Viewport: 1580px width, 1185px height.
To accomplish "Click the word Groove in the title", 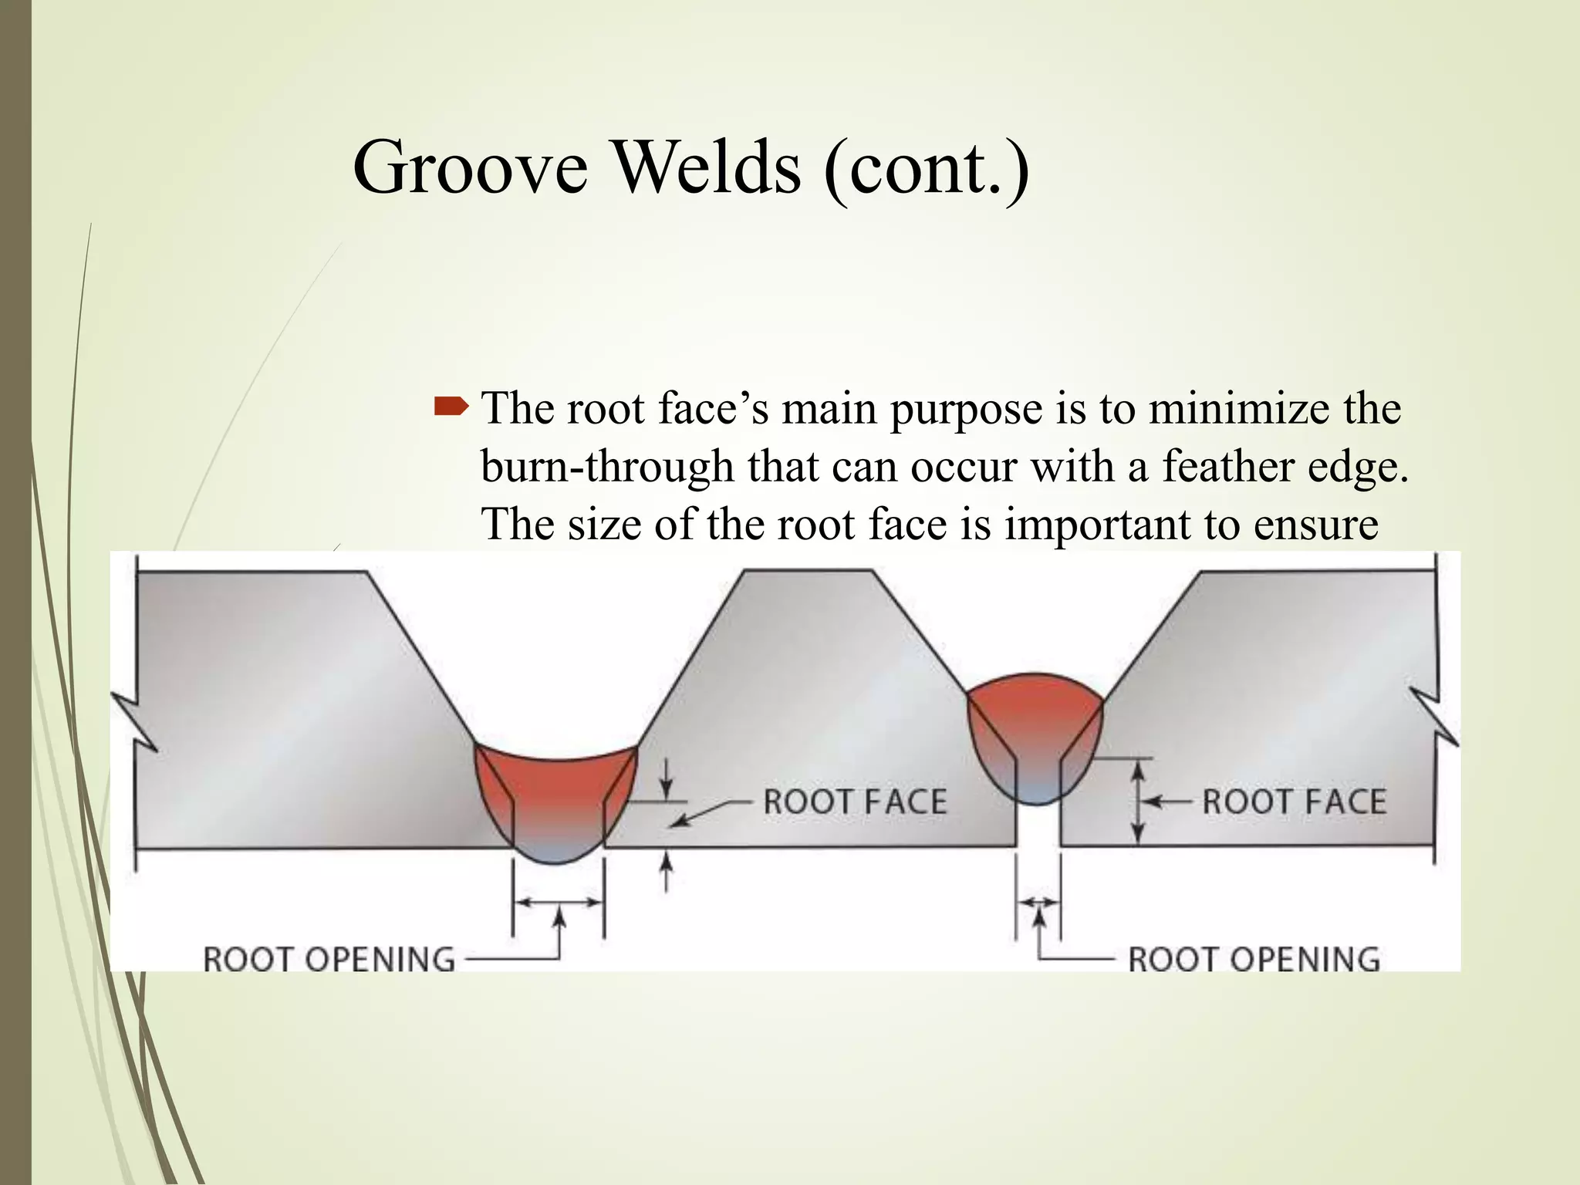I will coord(470,168).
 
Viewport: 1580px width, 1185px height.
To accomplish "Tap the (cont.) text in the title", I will coord(926,168).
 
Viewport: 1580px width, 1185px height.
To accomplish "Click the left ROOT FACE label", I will coord(855,802).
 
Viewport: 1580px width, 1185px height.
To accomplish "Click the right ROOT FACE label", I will coord(1294,802).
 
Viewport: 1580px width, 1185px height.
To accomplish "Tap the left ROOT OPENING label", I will coord(329,960).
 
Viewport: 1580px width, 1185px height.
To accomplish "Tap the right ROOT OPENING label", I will coord(1254,960).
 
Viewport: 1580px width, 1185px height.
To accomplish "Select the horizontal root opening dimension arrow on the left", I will coord(558,902).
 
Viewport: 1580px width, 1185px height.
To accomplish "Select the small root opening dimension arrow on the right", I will coord(1038,902).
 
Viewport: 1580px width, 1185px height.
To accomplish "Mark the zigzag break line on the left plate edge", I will coord(136,721).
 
